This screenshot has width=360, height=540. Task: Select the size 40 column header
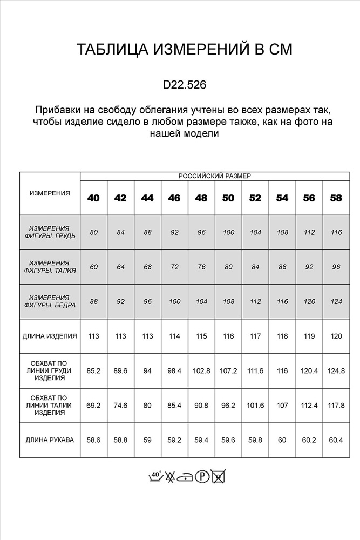[93, 198]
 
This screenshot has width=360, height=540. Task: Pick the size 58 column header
[336, 198]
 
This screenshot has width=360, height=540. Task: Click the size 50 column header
[228, 198]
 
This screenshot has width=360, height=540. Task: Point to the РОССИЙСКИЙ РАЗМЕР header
[214, 176]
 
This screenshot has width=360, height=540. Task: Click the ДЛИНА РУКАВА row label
[50, 440]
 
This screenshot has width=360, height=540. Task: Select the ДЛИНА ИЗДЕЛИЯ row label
[50, 336]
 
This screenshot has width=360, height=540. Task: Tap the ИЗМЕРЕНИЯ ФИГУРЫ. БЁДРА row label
[50, 301]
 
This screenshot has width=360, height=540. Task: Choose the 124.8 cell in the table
[336, 371]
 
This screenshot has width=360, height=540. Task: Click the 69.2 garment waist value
[93, 406]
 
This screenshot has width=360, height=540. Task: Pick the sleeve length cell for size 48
[201, 440]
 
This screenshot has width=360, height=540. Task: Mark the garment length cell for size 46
[174, 336]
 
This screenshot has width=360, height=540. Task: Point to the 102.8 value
[201, 371]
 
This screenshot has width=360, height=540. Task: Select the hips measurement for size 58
[336, 301]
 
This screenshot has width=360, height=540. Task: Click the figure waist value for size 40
[93, 267]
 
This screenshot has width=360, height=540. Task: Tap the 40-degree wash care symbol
[155, 476]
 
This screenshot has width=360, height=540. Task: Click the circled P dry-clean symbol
[202, 476]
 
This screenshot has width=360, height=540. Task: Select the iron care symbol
[186, 476]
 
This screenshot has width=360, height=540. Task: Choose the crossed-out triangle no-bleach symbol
[171, 476]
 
